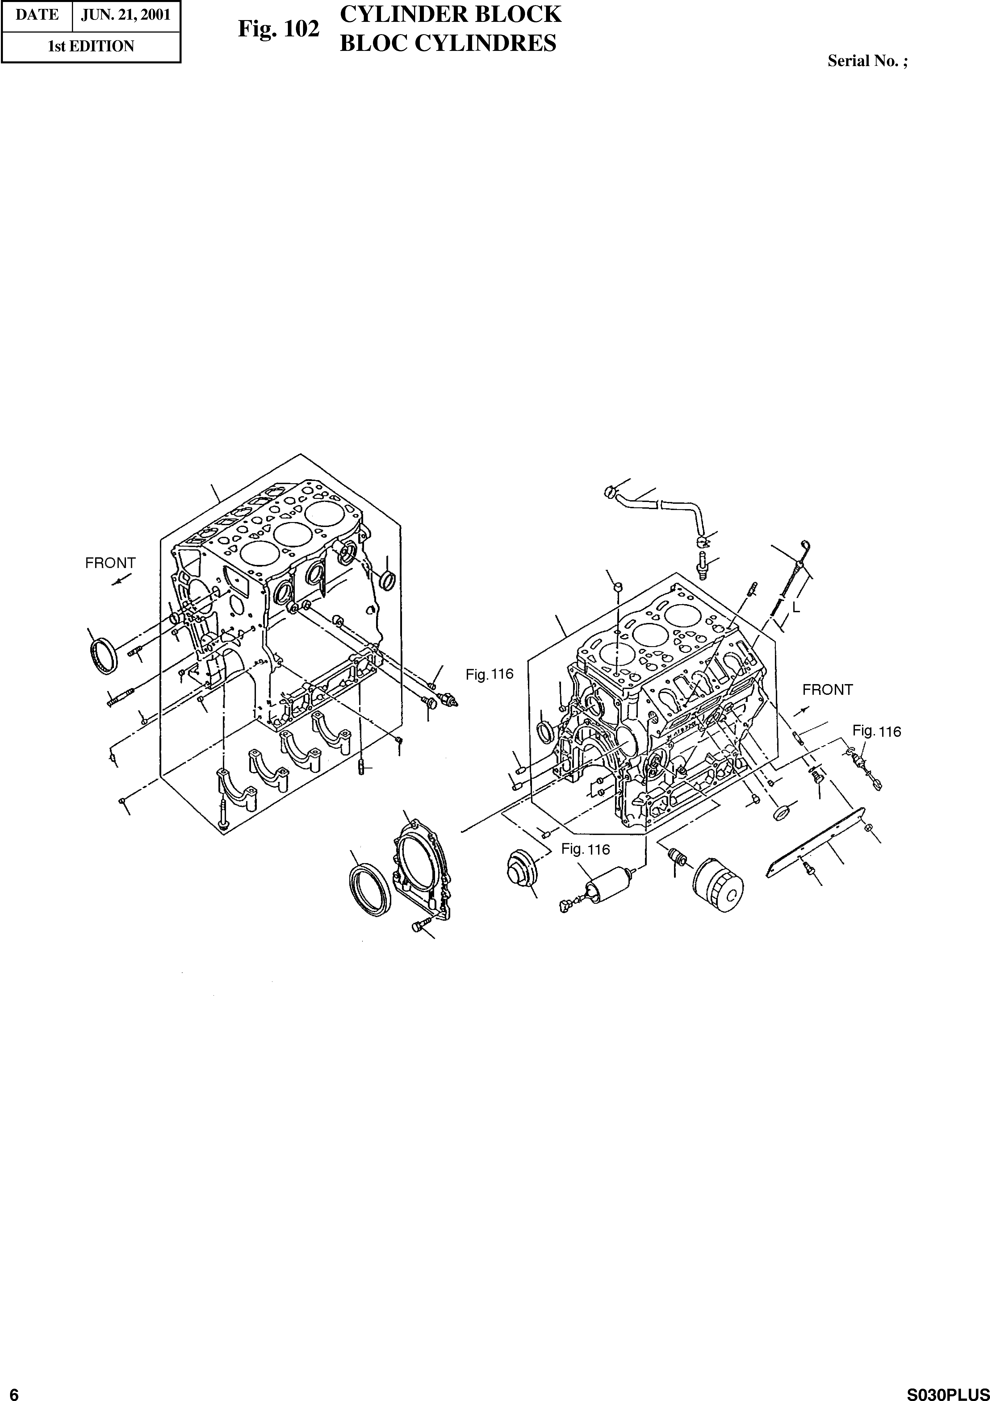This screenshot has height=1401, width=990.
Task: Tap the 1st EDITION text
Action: [x=91, y=46]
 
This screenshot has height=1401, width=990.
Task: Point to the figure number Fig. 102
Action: [x=278, y=29]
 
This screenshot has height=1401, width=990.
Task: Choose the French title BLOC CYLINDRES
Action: [x=447, y=43]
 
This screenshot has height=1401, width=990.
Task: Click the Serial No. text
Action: [x=867, y=61]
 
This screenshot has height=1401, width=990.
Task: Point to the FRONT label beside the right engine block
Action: [x=827, y=690]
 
